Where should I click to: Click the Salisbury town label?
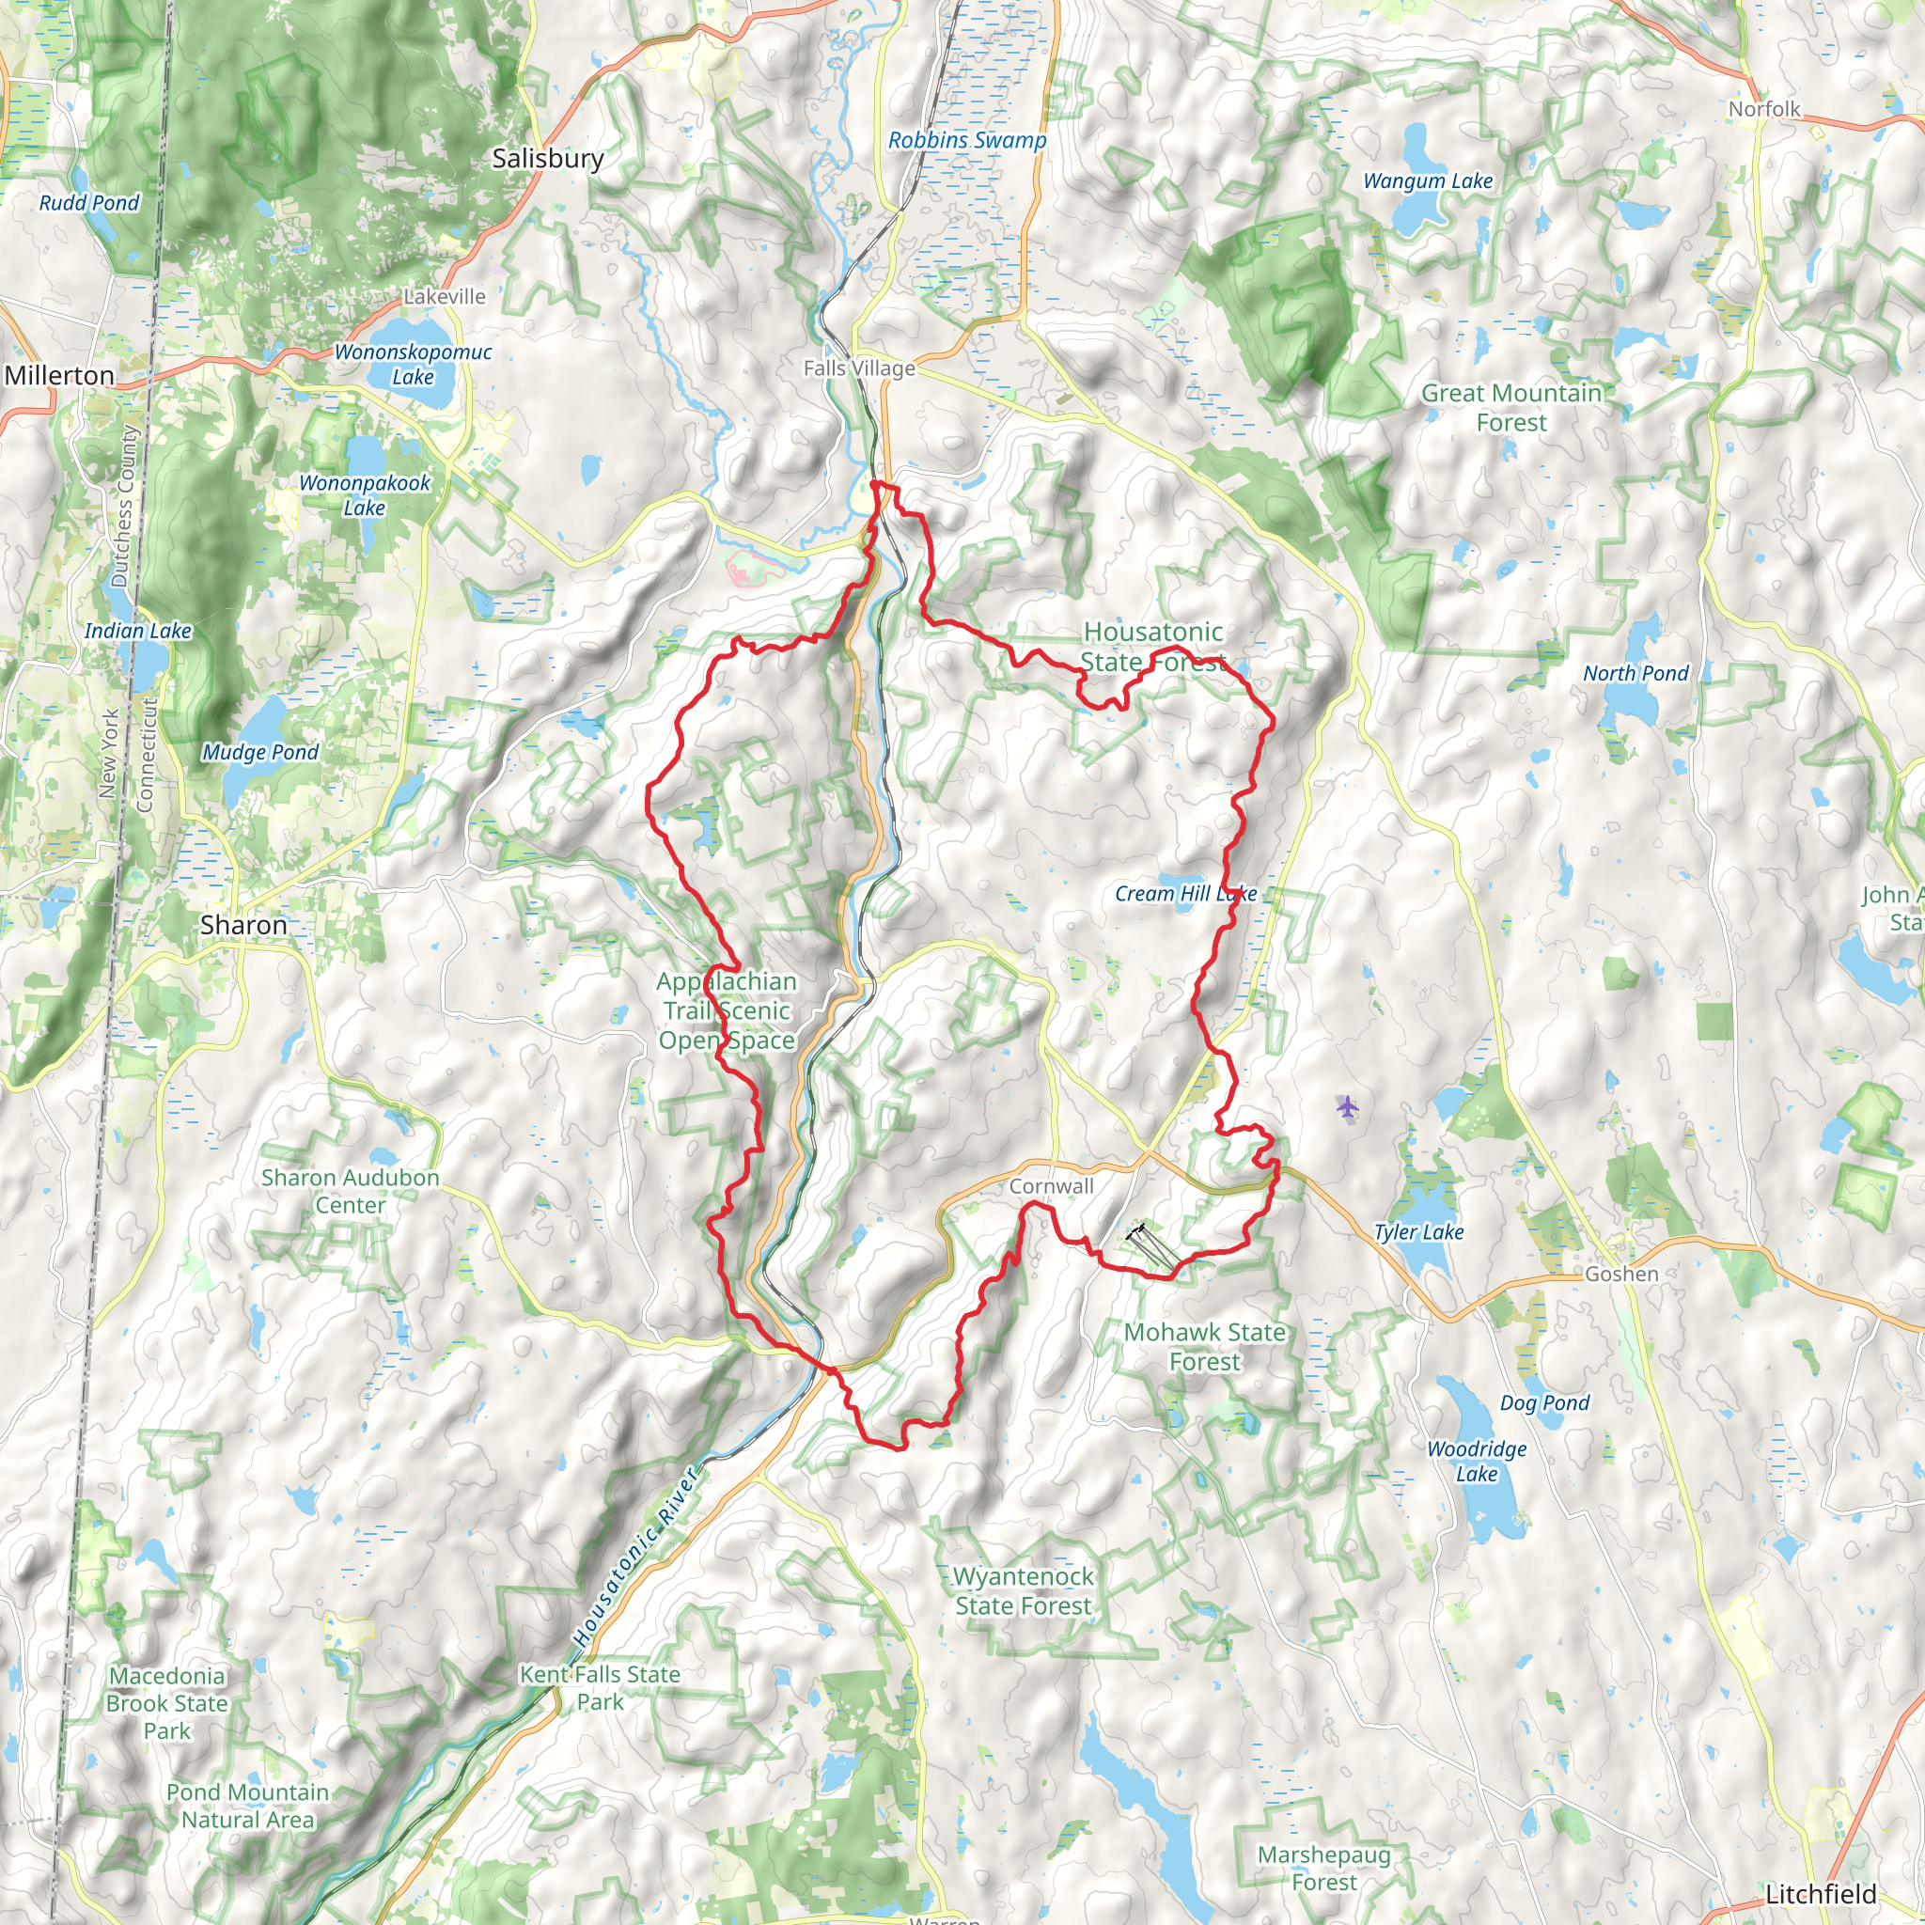coord(547,159)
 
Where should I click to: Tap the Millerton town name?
coord(60,376)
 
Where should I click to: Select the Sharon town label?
coord(243,925)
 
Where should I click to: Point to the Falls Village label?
coord(859,368)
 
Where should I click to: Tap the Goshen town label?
coord(1621,1274)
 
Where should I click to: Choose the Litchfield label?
coord(1821,1893)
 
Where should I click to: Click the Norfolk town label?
coord(1763,109)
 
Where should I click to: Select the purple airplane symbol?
coord(1347,1106)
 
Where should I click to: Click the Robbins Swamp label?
coord(966,140)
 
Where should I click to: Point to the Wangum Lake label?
coord(1427,180)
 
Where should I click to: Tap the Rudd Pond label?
coord(88,202)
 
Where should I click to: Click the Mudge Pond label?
coord(260,752)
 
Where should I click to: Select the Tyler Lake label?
coord(1417,1231)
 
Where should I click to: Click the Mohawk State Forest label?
coord(1204,1346)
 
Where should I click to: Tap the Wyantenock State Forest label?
coord(1023,1590)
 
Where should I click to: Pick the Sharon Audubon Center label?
coord(350,1191)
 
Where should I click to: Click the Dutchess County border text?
coord(123,507)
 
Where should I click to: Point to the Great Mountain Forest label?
coord(1510,408)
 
